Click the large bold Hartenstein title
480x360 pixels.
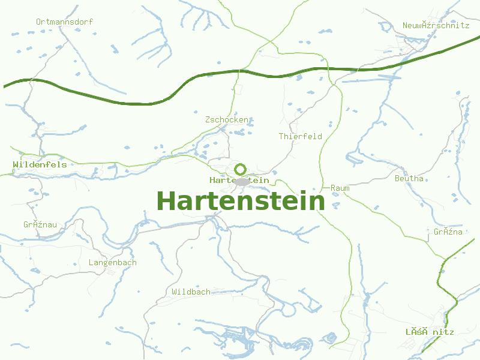[240, 200]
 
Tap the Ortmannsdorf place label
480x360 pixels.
[64, 22]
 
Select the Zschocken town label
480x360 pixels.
[227, 120]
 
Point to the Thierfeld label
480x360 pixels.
[300, 136]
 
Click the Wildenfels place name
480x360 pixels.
[40, 164]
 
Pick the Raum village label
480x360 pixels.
[340, 188]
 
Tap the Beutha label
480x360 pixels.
[409, 178]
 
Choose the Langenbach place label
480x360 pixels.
[112, 262]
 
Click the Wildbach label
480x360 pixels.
[191, 292]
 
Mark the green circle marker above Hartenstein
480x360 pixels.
[240, 169]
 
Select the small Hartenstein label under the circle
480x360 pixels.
[239, 180]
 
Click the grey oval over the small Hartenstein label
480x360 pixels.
[241, 181]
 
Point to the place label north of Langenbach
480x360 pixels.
[40, 224]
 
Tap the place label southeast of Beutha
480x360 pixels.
[448, 232]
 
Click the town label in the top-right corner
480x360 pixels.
[436, 25]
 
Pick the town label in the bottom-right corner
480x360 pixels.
[430, 332]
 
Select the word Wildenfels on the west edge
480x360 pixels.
[40, 164]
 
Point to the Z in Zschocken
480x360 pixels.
[208, 120]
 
